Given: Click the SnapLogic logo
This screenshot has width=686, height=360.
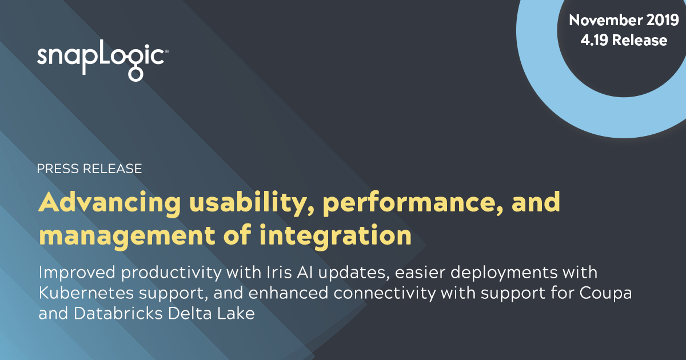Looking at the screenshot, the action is click(102, 61).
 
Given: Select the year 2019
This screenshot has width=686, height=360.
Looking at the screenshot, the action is click(663, 20).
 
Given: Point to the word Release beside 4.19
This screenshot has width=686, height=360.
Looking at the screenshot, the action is click(640, 41).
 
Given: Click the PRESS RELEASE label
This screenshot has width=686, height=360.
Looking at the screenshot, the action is click(89, 169).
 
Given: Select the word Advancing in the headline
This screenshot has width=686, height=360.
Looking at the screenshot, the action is click(110, 203).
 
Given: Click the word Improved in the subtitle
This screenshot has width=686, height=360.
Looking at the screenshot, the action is click(77, 273).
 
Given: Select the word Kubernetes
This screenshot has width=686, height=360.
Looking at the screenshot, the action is click(86, 293).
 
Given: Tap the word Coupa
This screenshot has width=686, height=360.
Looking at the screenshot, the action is click(605, 294).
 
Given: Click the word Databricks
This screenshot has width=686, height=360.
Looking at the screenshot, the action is click(118, 314).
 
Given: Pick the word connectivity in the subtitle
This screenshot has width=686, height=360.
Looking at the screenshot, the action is click(385, 294).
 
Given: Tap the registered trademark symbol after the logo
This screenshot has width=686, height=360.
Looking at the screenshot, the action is click(166, 51).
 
